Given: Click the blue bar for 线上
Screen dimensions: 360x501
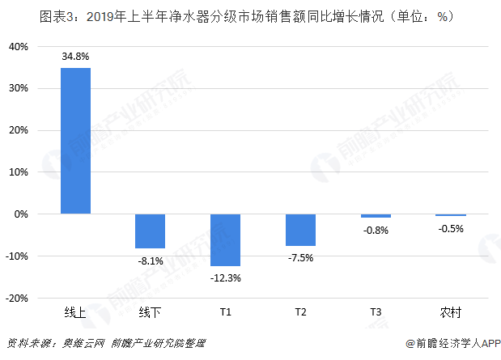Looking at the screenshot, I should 75,141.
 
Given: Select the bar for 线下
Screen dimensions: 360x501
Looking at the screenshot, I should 150,231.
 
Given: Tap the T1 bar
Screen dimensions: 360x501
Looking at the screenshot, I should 225,240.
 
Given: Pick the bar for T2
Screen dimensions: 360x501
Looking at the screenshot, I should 300,230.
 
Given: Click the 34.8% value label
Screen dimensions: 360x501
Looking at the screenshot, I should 75,57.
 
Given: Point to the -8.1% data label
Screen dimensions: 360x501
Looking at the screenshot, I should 150,260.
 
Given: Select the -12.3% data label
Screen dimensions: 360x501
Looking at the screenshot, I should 225,277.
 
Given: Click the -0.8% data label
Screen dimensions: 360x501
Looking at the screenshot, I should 376,230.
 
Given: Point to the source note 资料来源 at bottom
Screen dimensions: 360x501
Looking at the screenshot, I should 106,343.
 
